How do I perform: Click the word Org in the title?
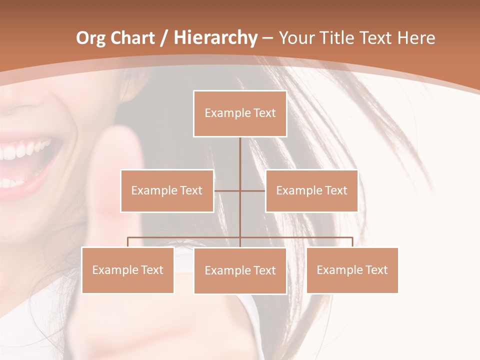coord(90,38)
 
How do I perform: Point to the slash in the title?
coord(164,38)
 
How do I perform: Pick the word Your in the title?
coord(297,38)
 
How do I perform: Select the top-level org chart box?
coord(240,113)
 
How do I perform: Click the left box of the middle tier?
coord(167,190)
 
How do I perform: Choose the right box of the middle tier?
coord(311,190)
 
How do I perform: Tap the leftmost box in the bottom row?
coord(128,270)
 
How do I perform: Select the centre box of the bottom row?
coord(240,270)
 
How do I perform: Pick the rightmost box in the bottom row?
coord(352,270)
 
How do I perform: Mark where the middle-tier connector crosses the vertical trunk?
coord(240,190)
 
